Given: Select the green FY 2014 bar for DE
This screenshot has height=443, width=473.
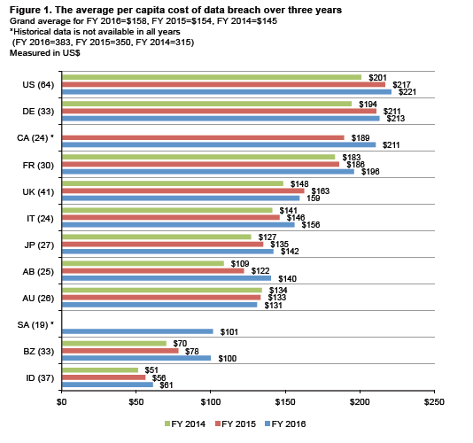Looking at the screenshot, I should click(206, 104).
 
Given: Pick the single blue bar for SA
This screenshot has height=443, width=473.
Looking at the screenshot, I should click(137, 331).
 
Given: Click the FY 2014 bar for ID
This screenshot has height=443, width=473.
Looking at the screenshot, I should click(99, 369).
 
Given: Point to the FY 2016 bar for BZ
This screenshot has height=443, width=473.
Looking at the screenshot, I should click(136, 358).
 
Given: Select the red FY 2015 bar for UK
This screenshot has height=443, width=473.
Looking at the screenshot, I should click(182, 190).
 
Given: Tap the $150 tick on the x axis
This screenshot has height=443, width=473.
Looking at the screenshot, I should click(284, 403).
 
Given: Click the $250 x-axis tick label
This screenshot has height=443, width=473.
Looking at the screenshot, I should click(433, 403).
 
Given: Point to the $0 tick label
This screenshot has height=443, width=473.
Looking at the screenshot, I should click(61, 403).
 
